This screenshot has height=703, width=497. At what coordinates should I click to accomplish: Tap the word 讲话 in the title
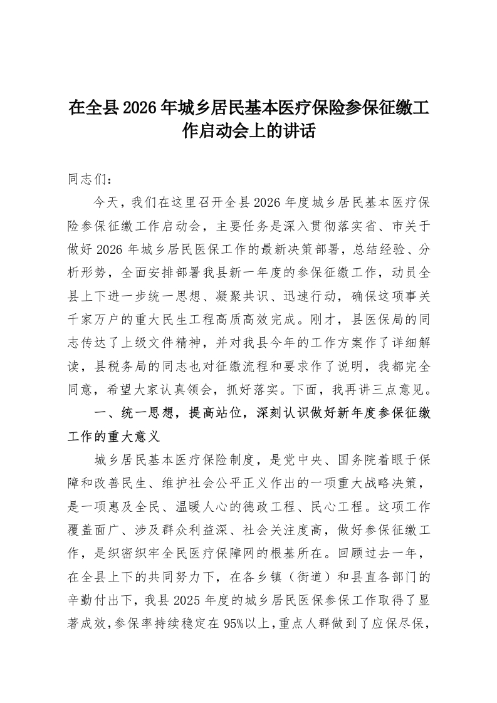[299, 132]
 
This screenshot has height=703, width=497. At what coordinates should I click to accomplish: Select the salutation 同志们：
[90, 179]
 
